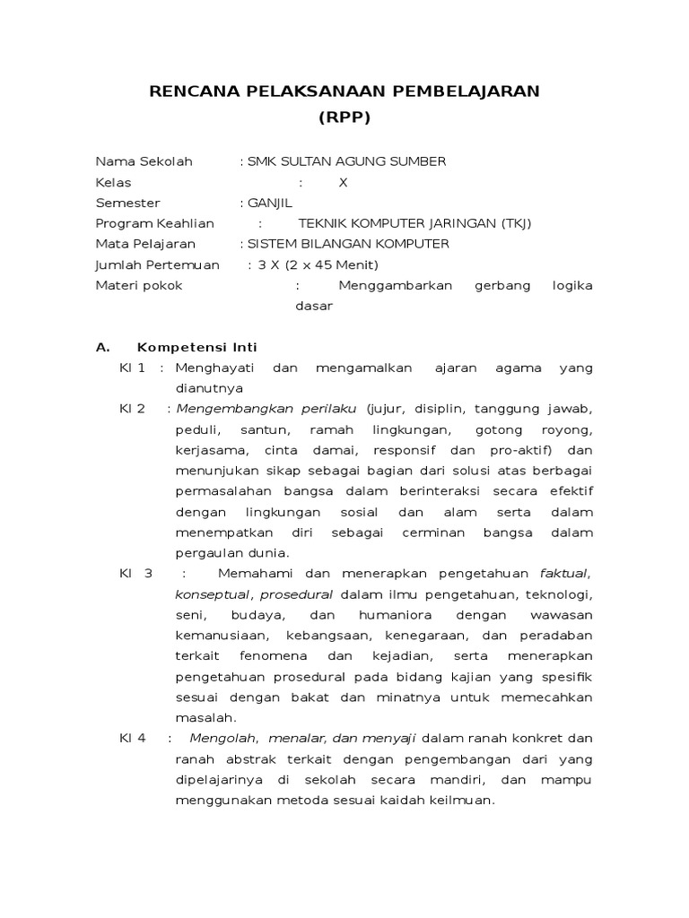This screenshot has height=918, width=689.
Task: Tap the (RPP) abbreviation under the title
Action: coord(344,117)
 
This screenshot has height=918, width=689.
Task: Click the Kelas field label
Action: coord(113,182)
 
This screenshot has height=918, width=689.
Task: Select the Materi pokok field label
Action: coord(139,285)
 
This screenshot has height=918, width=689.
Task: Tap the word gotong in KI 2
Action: coord(509,429)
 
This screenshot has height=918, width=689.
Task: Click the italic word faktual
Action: coord(563,573)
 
